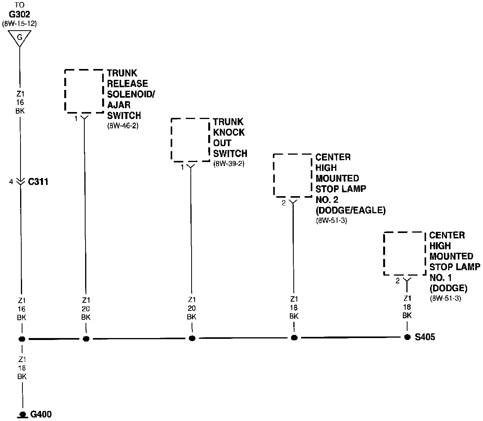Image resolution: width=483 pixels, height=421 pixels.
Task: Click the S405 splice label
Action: pyautogui.click(x=425, y=337)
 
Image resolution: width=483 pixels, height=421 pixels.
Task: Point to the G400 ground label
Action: pyautogui.click(x=41, y=414)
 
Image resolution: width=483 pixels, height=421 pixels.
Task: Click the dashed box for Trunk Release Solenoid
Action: pyautogui.click(x=84, y=91)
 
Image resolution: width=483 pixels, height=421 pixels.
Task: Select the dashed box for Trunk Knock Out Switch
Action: pyautogui.click(x=190, y=140)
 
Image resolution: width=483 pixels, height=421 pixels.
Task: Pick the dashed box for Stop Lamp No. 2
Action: pyautogui.click(x=293, y=175)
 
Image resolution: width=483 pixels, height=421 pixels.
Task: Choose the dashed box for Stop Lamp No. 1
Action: pyautogui.click(x=403, y=254)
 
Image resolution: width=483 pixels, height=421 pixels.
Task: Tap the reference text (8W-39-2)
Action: pyautogui.click(x=229, y=163)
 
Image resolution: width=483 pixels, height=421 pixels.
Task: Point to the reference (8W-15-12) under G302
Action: pyautogui.click(x=19, y=24)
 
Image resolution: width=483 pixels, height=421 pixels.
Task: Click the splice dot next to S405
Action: pyautogui.click(x=407, y=337)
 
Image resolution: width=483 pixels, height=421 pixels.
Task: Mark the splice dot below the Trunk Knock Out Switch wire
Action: pyautogui.click(x=192, y=338)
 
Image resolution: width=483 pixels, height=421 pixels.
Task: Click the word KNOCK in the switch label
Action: pyautogui.click(x=229, y=132)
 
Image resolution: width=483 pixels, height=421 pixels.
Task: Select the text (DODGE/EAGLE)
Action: pyautogui.click(x=351, y=210)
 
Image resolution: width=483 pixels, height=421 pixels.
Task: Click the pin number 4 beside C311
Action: pyautogui.click(x=11, y=181)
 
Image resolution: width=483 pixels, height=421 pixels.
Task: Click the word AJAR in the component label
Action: pyautogui.click(x=118, y=105)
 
